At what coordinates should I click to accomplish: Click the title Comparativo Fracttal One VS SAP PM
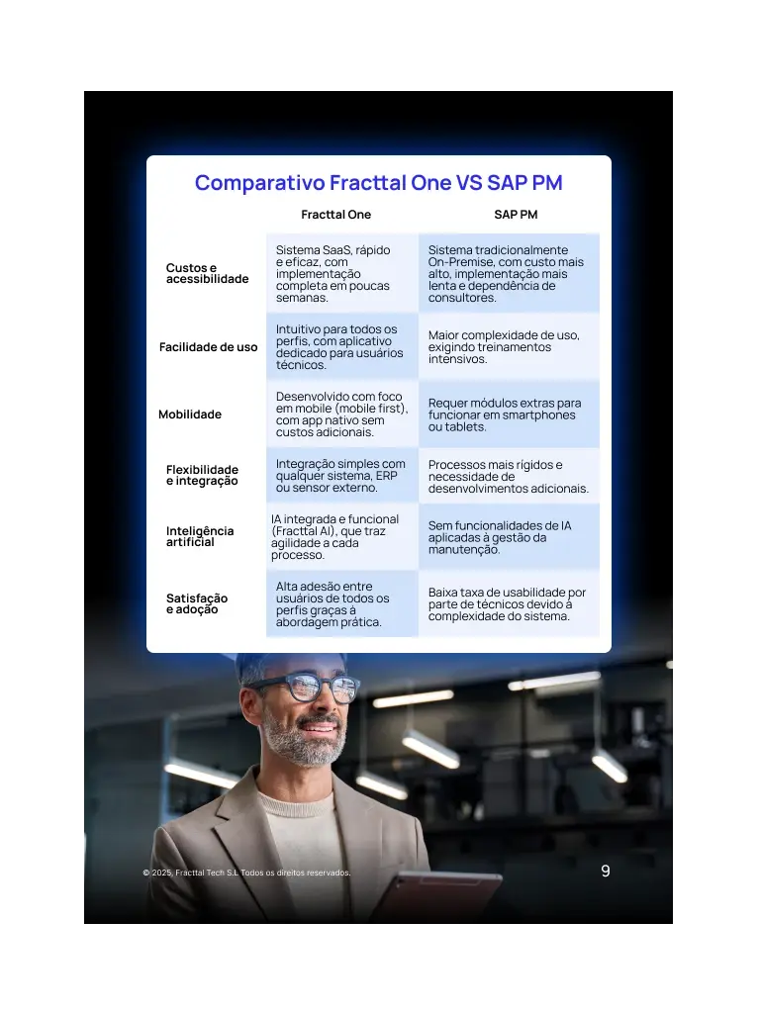pyautogui.click(x=378, y=183)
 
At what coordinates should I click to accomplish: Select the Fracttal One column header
pyautogui.click(x=335, y=215)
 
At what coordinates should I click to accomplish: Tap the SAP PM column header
pyautogui.click(x=516, y=215)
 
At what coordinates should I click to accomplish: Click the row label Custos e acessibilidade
pyautogui.click(x=207, y=273)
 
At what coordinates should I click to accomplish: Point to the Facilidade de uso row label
pyautogui.click(x=208, y=347)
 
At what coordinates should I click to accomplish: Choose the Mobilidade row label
pyautogui.click(x=190, y=414)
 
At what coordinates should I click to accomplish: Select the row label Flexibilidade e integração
pyautogui.click(x=202, y=475)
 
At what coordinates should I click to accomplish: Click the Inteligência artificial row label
pyautogui.click(x=200, y=536)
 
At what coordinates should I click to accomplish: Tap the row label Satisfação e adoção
pyautogui.click(x=197, y=603)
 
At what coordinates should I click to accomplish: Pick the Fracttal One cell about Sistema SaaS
pyautogui.click(x=341, y=273)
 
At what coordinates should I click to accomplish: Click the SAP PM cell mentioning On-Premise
pyautogui.click(x=508, y=274)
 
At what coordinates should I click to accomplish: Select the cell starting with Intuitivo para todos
pyautogui.click(x=341, y=347)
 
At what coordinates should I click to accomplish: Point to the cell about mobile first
pyautogui.click(x=341, y=414)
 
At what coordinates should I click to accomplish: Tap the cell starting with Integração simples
pyautogui.click(x=341, y=476)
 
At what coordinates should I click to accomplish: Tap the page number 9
pyautogui.click(x=606, y=872)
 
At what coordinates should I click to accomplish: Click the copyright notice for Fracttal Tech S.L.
pyautogui.click(x=246, y=873)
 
